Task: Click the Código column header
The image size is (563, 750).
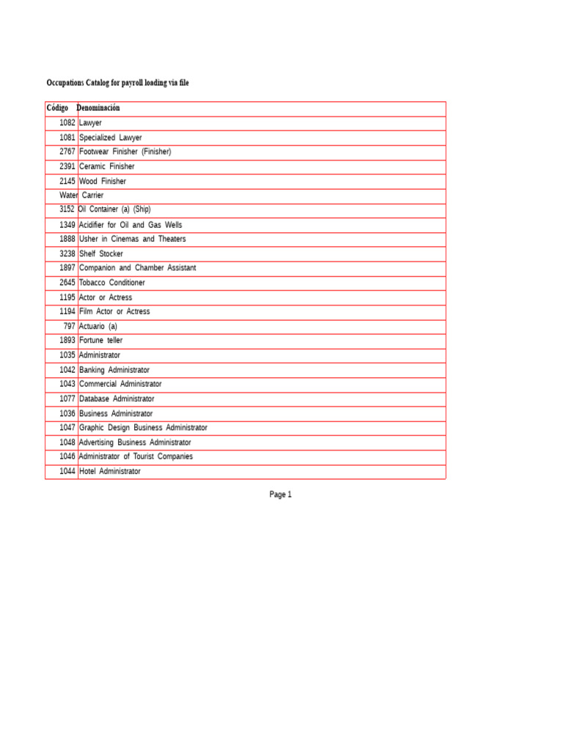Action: [57, 108]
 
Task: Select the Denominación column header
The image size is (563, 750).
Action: [98, 108]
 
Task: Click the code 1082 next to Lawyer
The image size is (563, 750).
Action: [67, 123]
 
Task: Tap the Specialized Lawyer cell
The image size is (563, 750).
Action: [110, 138]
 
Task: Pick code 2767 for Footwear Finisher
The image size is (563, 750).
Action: [67, 152]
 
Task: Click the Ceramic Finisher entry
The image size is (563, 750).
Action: [106, 166]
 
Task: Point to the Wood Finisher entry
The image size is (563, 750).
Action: [102, 181]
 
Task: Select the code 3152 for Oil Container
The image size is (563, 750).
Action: [67, 209]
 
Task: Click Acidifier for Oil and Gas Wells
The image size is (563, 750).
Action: [130, 225]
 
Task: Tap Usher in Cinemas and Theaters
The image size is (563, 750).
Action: [132, 240]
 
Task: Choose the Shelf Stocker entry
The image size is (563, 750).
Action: [101, 254]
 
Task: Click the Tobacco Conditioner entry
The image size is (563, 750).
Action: [111, 283]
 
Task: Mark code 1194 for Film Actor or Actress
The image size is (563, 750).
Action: [67, 311]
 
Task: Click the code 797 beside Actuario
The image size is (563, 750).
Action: [69, 326]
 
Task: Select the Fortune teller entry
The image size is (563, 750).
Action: [100, 341]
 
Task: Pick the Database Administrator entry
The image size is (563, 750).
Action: [117, 399]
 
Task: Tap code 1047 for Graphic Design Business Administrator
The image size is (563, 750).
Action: [67, 428]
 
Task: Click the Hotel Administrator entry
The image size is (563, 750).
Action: [109, 472]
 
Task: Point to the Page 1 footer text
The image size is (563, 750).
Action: [281, 494]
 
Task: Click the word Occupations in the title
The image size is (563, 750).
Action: [66, 83]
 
